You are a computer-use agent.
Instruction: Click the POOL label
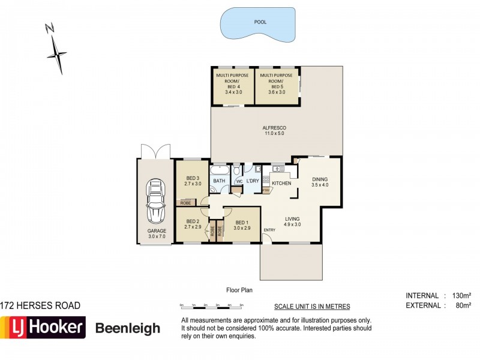259,22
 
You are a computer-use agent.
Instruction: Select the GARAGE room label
155,233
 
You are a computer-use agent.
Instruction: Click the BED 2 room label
192,224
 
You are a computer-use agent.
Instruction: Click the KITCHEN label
281,183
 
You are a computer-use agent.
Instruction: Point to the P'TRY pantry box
267,190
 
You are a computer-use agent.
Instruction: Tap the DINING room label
319,182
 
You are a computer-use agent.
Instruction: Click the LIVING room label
292,221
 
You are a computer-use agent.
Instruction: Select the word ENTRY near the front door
269,230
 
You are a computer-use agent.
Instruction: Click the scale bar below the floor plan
211,305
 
